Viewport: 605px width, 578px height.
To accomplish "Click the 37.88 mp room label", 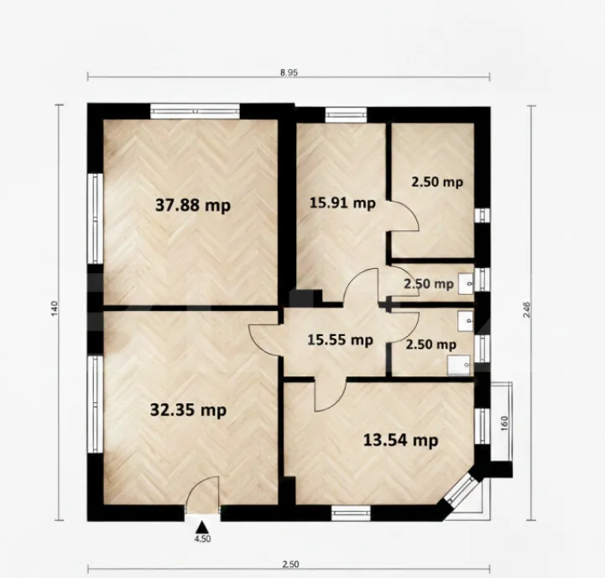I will point(193,204).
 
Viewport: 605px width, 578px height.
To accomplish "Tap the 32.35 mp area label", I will point(189,410).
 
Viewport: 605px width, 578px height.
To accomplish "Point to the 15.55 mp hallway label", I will point(339,340).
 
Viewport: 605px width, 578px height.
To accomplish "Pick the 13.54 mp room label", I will point(400,439).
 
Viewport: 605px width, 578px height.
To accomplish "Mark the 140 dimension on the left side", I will point(54,308).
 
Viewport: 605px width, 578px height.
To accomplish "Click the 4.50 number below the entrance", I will point(201,539).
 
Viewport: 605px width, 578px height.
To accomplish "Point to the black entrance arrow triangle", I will point(201,526).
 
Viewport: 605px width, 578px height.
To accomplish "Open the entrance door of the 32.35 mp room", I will point(203,493).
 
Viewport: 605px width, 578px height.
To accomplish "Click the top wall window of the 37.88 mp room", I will point(195,110).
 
